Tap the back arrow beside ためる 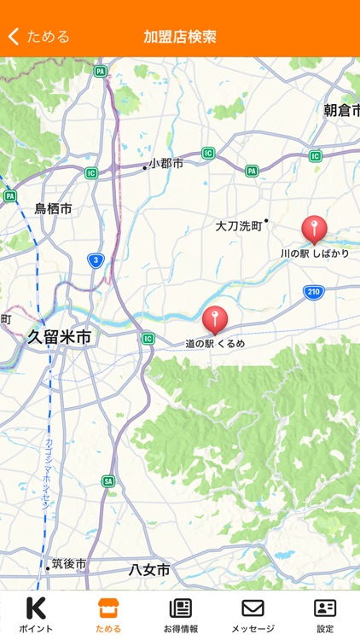(14, 37)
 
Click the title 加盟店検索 (180, 37)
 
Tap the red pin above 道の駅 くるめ (215, 319)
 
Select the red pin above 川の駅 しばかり (314, 229)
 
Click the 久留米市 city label (59, 337)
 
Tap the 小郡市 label (165, 163)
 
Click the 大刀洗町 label (238, 226)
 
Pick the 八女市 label (149, 569)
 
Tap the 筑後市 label (68, 564)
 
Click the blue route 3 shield (96, 260)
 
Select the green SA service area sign (108, 481)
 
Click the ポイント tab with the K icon (36, 614)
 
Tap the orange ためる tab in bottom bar (107, 614)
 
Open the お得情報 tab (180, 614)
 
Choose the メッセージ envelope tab (253, 614)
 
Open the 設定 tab (325, 614)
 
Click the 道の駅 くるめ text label (215, 343)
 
